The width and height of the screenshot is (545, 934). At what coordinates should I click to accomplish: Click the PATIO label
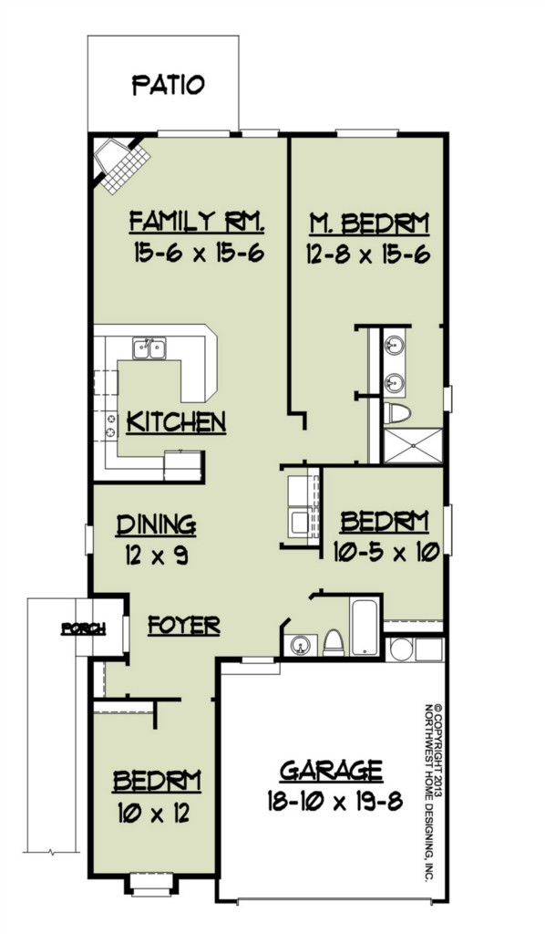click(x=169, y=85)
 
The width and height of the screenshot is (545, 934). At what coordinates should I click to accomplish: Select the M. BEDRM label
click(x=369, y=224)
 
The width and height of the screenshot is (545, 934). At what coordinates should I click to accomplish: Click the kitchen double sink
click(x=149, y=348)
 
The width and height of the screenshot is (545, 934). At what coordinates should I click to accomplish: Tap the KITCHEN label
click(x=177, y=421)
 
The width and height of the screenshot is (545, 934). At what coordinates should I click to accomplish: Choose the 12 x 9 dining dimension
click(x=157, y=555)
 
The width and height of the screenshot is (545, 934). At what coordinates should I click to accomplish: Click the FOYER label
click(x=184, y=626)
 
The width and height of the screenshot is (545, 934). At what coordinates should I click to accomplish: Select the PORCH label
click(x=83, y=628)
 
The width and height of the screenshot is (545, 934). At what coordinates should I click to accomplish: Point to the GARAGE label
click(x=332, y=770)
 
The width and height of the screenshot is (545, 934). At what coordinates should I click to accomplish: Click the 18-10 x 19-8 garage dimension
click(x=334, y=802)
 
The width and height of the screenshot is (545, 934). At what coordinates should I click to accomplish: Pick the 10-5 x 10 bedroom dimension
click(x=386, y=552)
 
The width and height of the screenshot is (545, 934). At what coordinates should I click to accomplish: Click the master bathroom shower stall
click(x=413, y=445)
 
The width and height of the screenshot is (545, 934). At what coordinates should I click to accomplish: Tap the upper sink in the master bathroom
click(x=394, y=345)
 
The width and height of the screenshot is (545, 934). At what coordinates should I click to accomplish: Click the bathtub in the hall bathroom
click(x=365, y=628)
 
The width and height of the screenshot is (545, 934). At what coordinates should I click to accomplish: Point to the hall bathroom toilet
click(x=334, y=643)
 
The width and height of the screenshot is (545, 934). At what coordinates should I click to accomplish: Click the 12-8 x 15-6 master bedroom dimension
click(x=369, y=255)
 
